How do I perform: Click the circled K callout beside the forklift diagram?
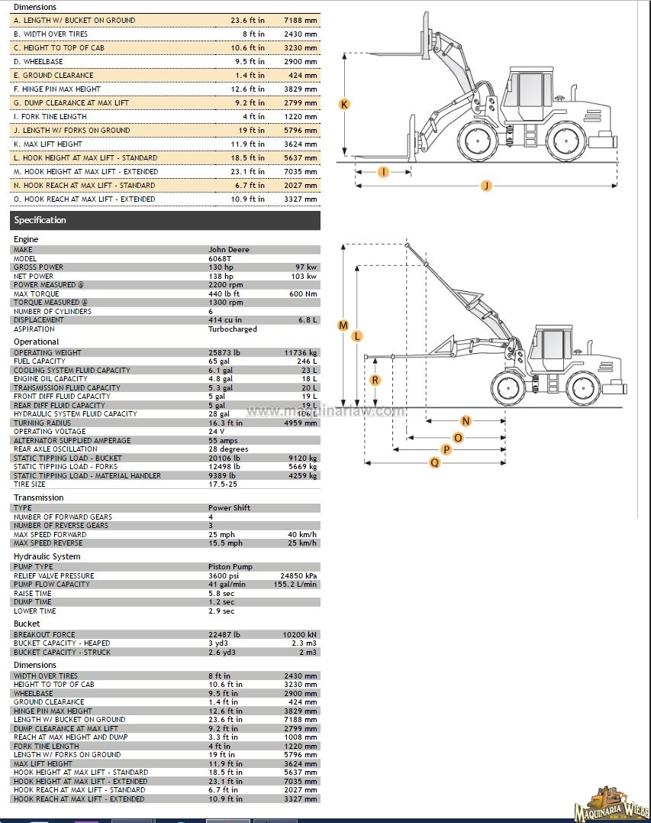(344, 104)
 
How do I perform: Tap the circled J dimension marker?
(485, 185)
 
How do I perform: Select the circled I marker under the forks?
(383, 172)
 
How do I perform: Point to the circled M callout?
(343, 326)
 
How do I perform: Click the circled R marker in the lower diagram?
(375, 380)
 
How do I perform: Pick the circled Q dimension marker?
(435, 462)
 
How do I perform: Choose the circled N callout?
(466, 421)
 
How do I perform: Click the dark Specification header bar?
(165, 220)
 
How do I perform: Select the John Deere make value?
(228, 250)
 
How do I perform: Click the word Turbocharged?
(232, 329)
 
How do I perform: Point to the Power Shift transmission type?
(229, 508)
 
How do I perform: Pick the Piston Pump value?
(230, 567)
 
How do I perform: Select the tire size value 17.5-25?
(222, 484)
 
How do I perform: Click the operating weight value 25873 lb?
(224, 353)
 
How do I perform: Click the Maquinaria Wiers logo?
(610, 804)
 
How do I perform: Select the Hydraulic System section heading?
(47, 556)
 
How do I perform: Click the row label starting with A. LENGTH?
(74, 21)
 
